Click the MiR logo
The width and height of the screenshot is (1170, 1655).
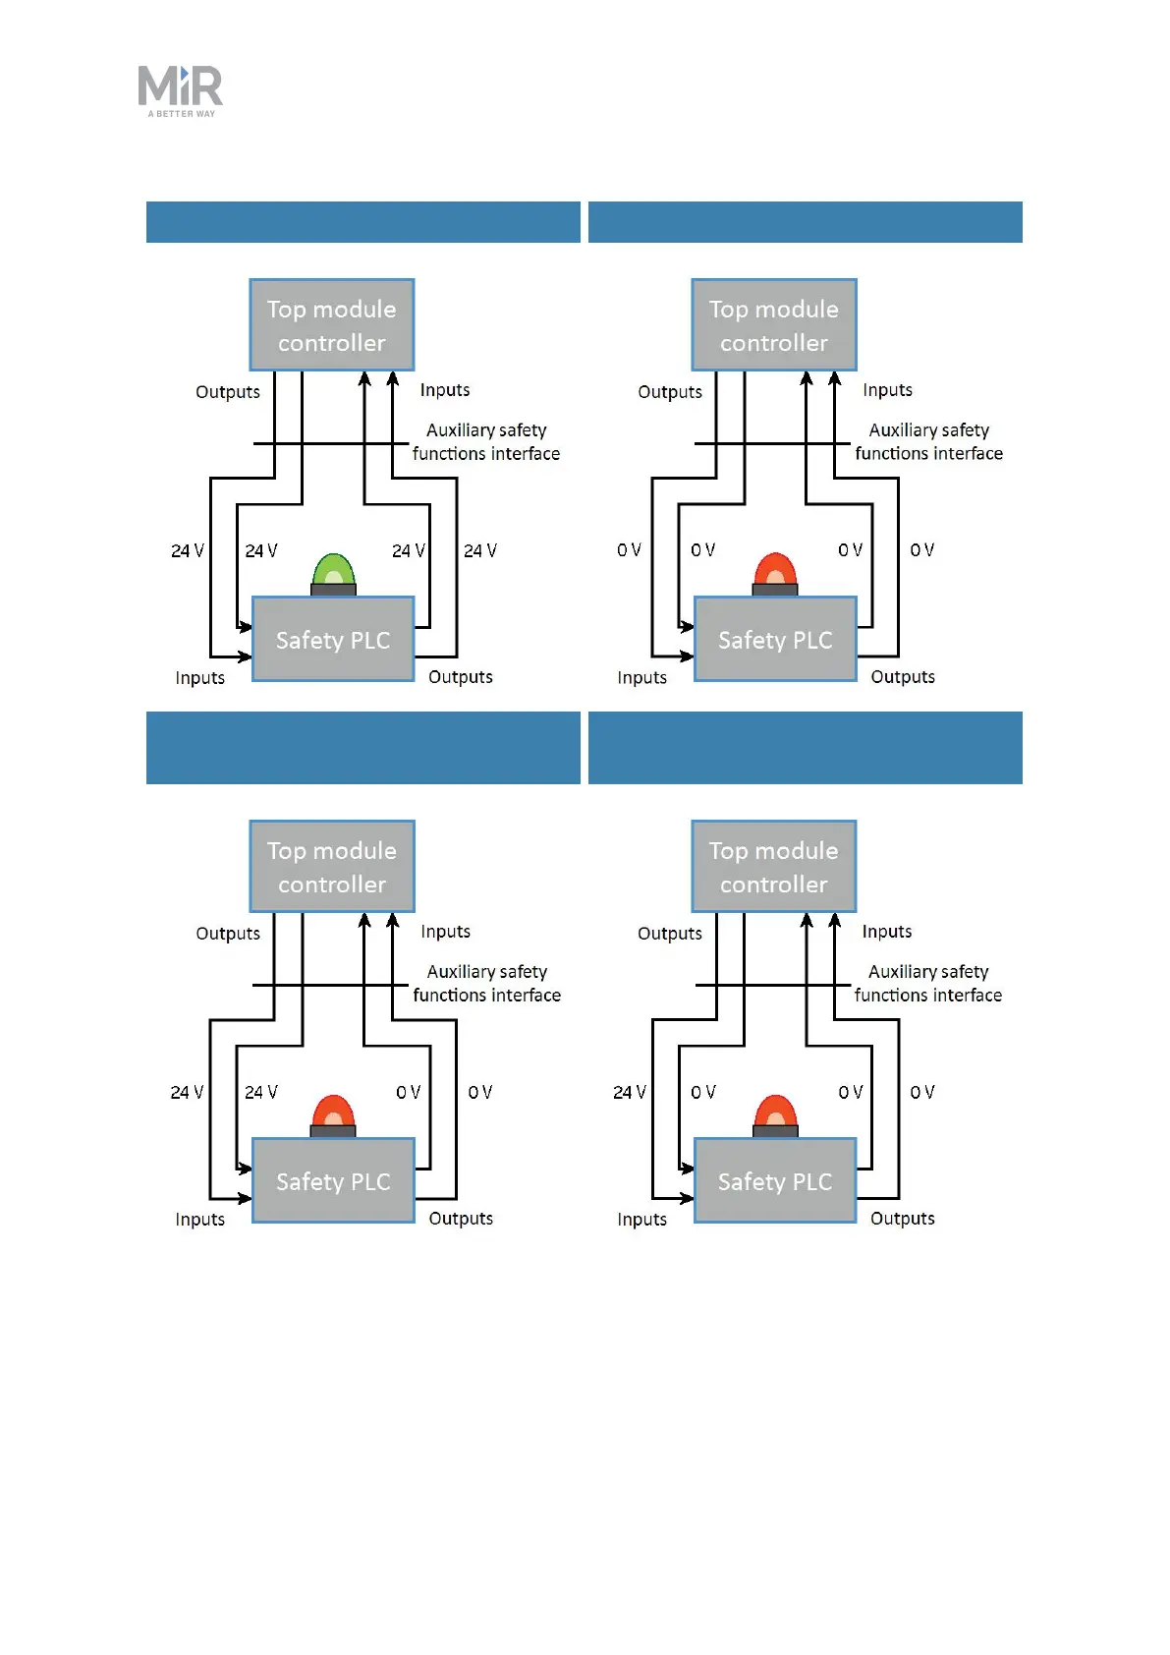(181, 86)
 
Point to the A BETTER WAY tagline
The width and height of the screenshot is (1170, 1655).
(182, 114)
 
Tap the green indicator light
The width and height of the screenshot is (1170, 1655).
(333, 572)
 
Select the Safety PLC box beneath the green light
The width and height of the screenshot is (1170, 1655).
(333, 640)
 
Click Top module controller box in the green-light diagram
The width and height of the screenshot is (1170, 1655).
(332, 325)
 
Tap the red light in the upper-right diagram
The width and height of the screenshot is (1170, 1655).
(775, 572)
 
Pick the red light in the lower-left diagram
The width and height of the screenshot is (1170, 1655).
(333, 1113)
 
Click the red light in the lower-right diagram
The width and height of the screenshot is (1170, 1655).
(775, 1113)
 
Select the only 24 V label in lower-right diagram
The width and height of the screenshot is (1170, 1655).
(630, 1092)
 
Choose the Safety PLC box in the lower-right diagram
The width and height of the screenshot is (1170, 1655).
(775, 1181)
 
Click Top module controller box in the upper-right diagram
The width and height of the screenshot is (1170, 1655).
(774, 325)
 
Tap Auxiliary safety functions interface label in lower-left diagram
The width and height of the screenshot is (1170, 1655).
(487, 983)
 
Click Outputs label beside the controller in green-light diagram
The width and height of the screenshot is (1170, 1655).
(228, 392)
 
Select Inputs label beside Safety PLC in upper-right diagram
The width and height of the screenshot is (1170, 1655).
(641, 678)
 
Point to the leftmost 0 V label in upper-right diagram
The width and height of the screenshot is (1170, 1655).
(629, 550)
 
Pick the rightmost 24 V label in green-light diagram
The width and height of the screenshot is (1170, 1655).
(480, 550)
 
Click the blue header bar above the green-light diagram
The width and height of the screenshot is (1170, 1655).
(362, 222)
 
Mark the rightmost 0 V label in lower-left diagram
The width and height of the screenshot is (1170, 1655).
(480, 1092)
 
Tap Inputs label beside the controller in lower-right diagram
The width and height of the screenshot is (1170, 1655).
(887, 932)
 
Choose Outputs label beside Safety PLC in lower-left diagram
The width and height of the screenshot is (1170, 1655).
(461, 1219)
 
